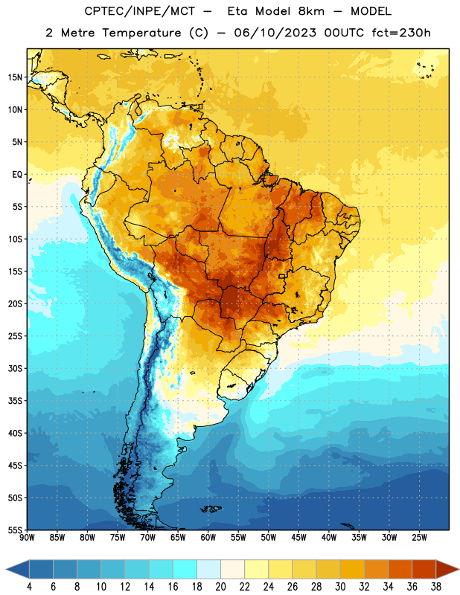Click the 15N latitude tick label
pyautogui.click(x=15, y=77)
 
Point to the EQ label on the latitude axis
pyautogui.click(x=17, y=175)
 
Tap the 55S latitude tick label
pyautogui.click(x=15, y=530)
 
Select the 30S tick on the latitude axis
pyautogui.click(x=15, y=368)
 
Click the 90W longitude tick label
pyautogui.click(x=27, y=537)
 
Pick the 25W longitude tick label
pyautogui.click(x=419, y=537)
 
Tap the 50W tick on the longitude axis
pyautogui.click(x=269, y=537)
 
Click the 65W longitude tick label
pyautogui.click(x=178, y=537)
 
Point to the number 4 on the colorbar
pyautogui.click(x=29, y=587)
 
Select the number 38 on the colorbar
pyautogui.click(x=436, y=587)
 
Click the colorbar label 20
pyautogui.click(x=220, y=587)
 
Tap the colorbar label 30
pyautogui.click(x=340, y=587)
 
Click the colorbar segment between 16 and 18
pyautogui.click(x=185, y=569)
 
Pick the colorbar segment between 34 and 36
pyautogui.click(x=400, y=569)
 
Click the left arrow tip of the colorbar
pyautogui.click(x=6, y=569)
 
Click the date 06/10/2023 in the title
pyautogui.click(x=275, y=33)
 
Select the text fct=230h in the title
pyautogui.click(x=401, y=33)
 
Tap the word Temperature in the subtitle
pyautogui.click(x=141, y=33)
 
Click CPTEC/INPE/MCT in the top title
pyautogui.click(x=139, y=11)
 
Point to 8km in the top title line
pyautogui.click(x=311, y=11)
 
